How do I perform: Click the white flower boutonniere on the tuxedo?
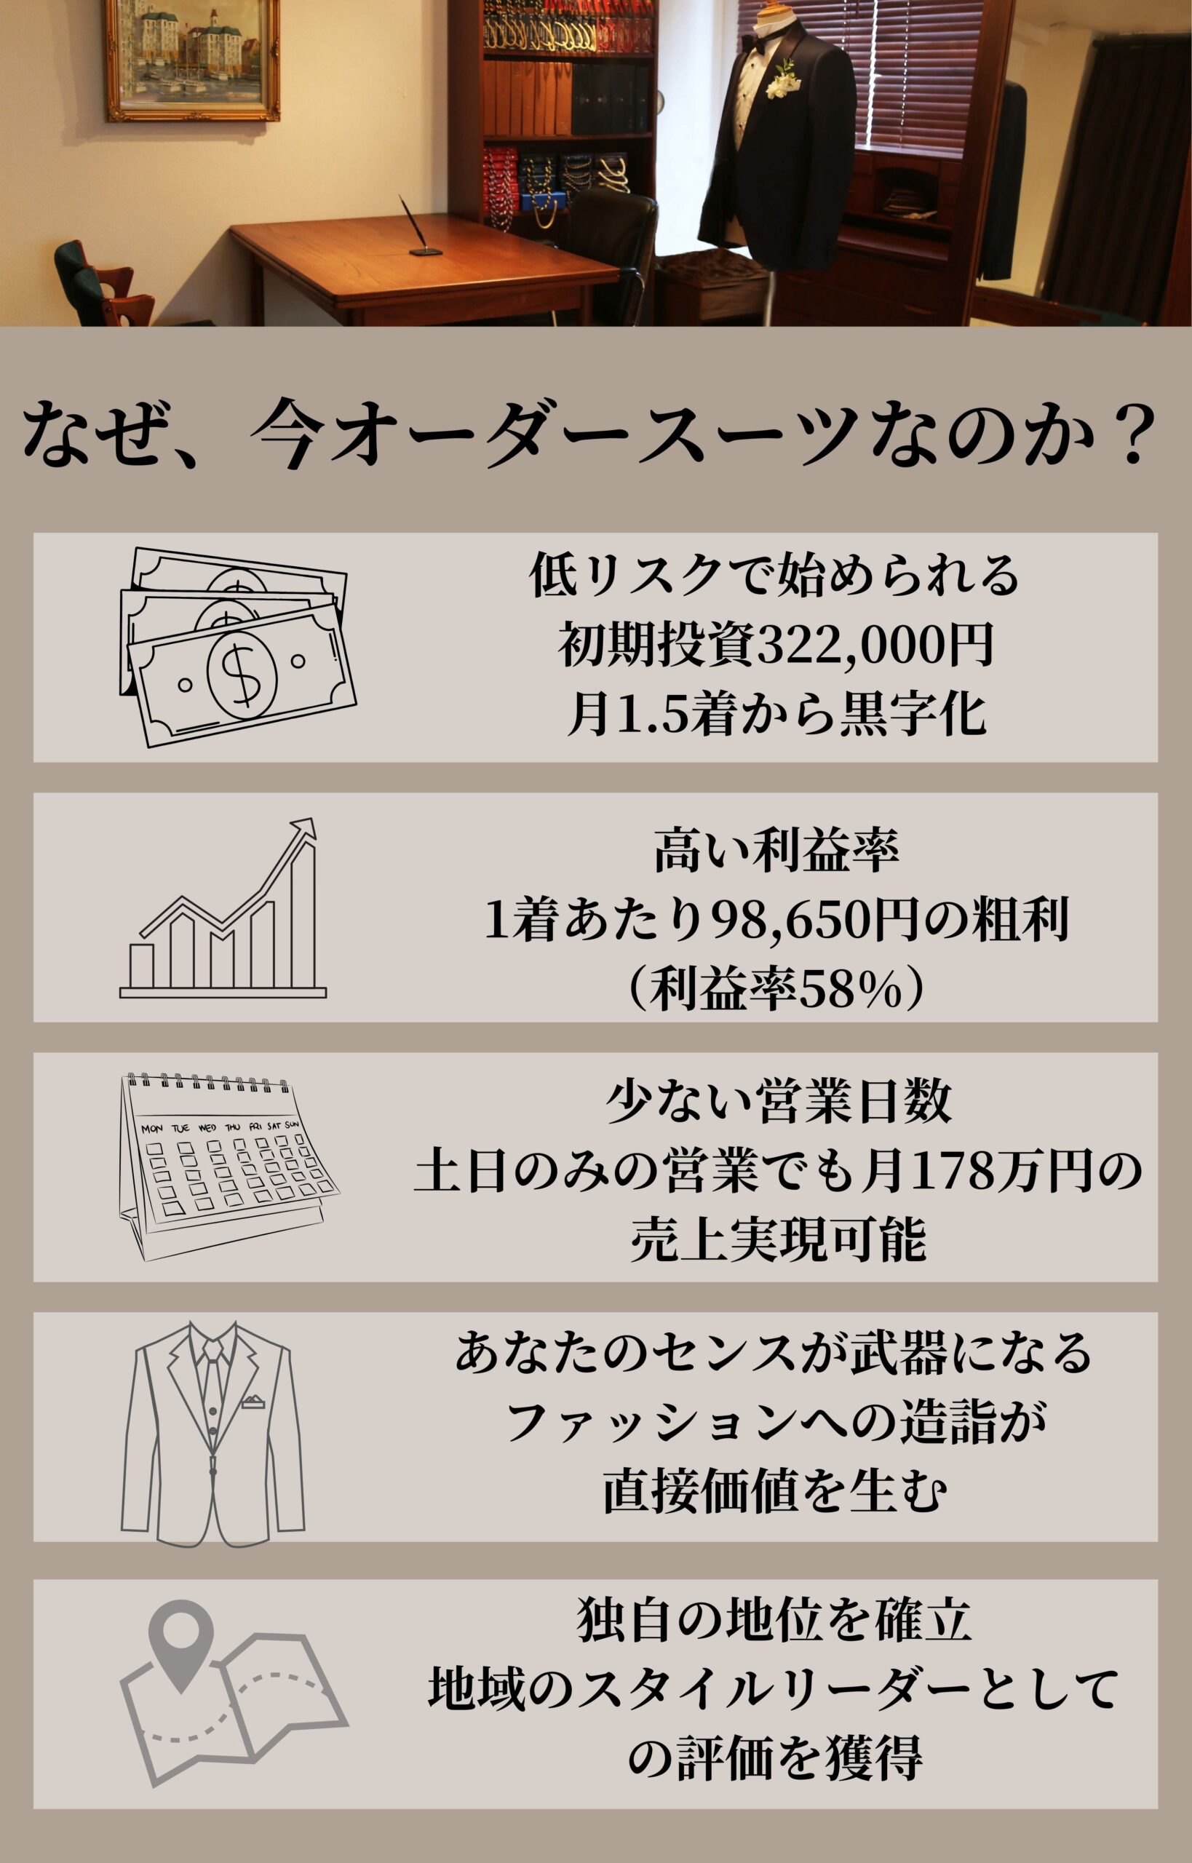782,79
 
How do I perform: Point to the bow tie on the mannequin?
750,42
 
